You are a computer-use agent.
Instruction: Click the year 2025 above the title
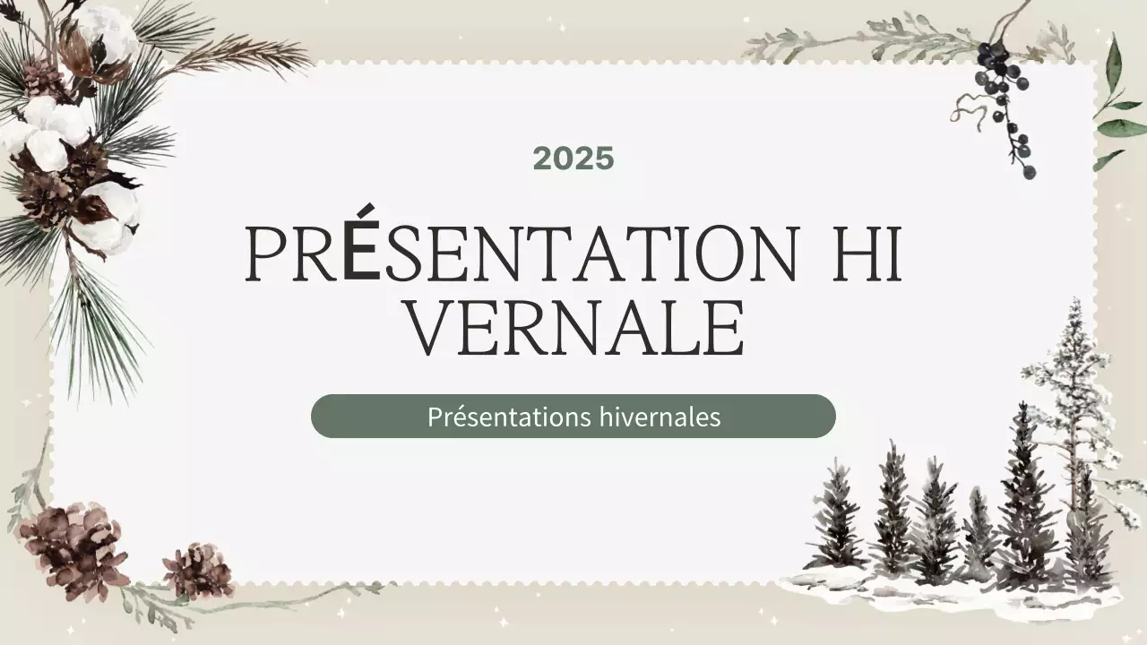tap(573, 159)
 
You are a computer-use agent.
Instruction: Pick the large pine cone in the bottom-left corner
tap(72, 548)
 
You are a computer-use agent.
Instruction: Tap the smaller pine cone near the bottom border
tap(197, 570)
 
